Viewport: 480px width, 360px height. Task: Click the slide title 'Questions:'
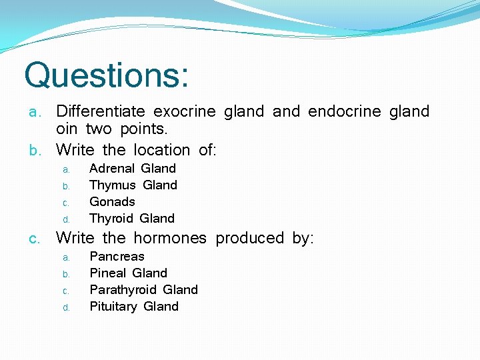coord(106,75)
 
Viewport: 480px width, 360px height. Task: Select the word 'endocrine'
coord(339,111)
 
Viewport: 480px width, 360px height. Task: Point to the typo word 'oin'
coord(67,129)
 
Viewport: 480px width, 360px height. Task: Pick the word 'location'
coord(162,150)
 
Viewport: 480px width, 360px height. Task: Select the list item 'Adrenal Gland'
coord(132,169)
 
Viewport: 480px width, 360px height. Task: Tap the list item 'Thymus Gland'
coord(133,185)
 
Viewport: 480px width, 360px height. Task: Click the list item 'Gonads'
coord(112,202)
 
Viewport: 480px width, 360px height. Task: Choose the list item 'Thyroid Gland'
coord(131,219)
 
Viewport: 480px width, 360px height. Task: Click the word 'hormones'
coord(169,238)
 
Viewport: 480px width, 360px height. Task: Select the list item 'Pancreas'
coord(117,257)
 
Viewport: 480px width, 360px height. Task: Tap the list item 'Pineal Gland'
coord(128,273)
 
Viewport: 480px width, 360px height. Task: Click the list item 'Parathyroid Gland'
coord(143,290)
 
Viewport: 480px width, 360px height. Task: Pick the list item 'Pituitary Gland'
coord(134,307)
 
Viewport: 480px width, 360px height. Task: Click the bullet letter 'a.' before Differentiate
coord(35,112)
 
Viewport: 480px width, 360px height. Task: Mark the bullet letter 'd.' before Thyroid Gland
coord(67,219)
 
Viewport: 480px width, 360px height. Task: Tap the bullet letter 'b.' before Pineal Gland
coord(67,274)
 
